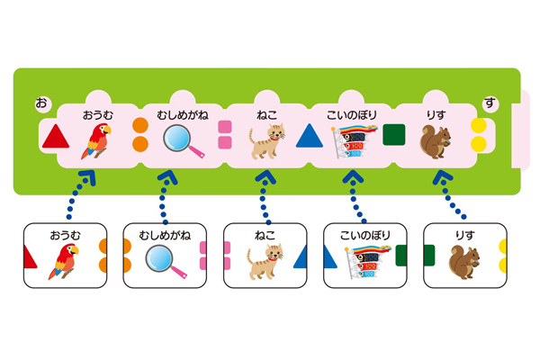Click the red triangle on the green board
pyautogui.click(x=56, y=137)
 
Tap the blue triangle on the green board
pyautogui.click(x=310, y=136)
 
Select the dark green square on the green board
pyautogui.click(x=394, y=135)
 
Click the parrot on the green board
pyautogui.click(x=96, y=141)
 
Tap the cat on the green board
pyautogui.click(x=267, y=141)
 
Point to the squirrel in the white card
pyautogui.click(x=463, y=263)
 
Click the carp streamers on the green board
pyautogui.click(x=354, y=141)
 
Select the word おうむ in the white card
pyautogui.click(x=65, y=235)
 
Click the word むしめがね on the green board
pyautogui.click(x=183, y=114)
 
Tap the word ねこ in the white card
pyautogui.click(x=265, y=235)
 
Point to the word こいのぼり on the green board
pyautogui.click(x=352, y=114)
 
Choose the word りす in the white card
pyautogui.click(x=465, y=235)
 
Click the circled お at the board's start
pyautogui.click(x=41, y=103)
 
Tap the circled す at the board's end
pyautogui.click(x=490, y=103)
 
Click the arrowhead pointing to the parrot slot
pyautogui.click(x=88, y=177)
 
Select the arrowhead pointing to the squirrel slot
pyautogui.click(x=442, y=177)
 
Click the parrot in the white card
pyautogui.click(x=64, y=262)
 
